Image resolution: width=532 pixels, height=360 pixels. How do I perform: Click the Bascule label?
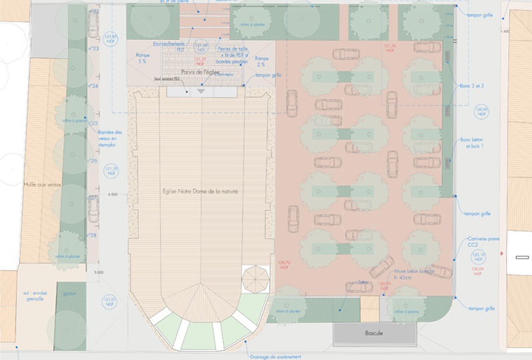(x=375, y=333)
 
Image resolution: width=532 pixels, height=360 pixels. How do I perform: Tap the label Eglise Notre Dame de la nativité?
(x=200, y=192)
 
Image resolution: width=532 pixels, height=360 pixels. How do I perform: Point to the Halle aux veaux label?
(x=41, y=184)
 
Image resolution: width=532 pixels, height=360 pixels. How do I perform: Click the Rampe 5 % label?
(x=142, y=57)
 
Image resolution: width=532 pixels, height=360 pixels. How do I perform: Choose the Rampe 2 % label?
(x=261, y=62)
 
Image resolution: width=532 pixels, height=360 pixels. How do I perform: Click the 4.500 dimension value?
(x=112, y=194)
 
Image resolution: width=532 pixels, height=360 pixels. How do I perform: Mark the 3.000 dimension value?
(x=100, y=273)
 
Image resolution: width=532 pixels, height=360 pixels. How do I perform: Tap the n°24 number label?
(x=94, y=87)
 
